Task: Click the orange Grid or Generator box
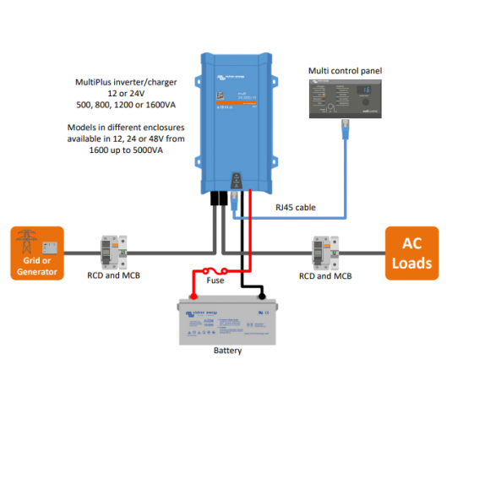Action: [37, 252]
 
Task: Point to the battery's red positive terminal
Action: [193, 296]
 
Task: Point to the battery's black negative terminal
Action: [262, 296]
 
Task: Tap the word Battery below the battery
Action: [227, 351]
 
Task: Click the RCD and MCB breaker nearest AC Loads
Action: [325, 251]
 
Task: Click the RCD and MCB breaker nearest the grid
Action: [113, 251]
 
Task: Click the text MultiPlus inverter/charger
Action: [124, 83]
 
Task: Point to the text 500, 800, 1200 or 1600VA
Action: [124, 105]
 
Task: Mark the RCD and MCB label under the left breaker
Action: [113, 276]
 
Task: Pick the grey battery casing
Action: [227, 323]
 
